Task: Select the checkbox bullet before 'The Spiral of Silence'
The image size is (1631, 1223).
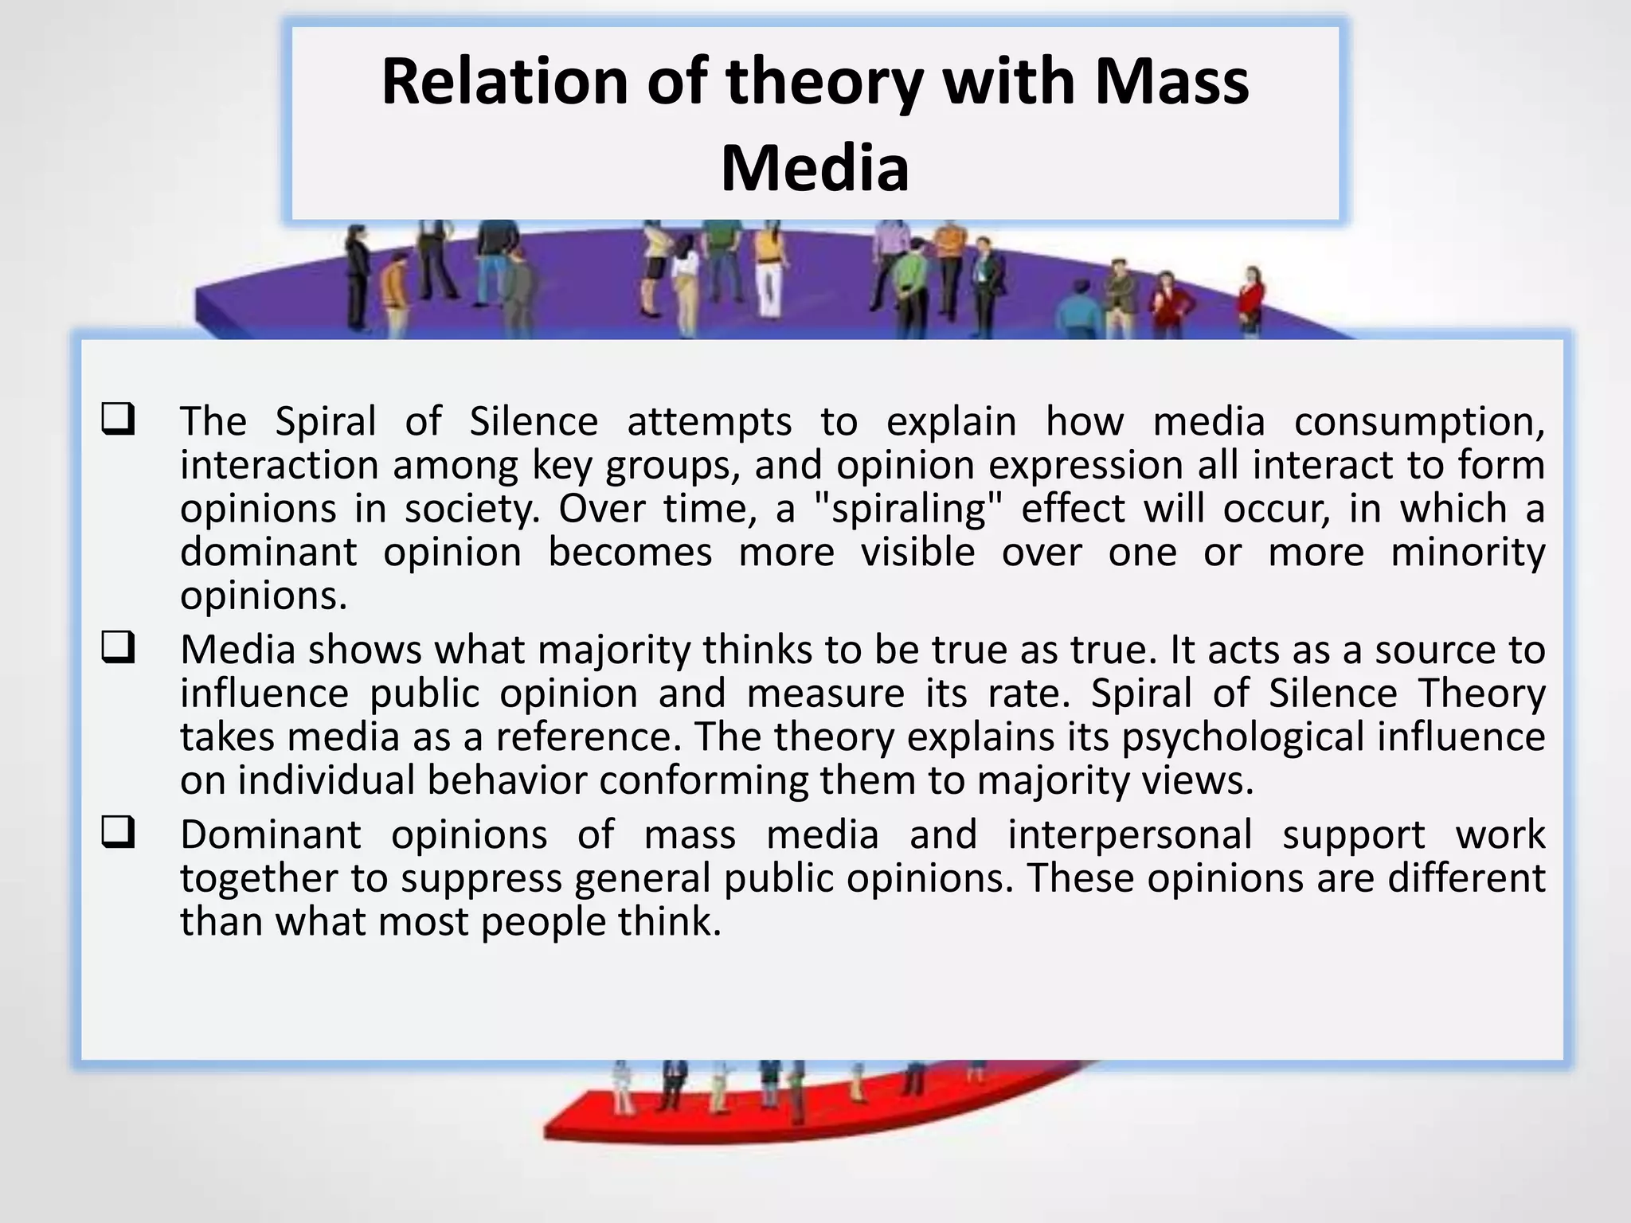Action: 118,419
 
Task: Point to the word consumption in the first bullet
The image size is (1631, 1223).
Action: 1418,422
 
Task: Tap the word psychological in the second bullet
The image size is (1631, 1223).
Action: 1243,737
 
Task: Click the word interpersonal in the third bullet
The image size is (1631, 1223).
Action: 1130,834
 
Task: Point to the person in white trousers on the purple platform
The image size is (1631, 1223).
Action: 768,275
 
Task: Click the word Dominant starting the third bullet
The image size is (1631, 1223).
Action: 270,834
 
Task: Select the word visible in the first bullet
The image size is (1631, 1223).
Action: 917,552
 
